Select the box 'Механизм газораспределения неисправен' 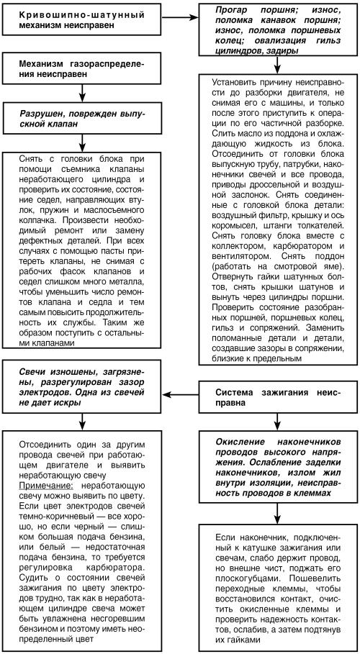pyautogui.click(x=84, y=70)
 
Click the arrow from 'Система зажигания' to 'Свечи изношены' pyautogui.click(x=181, y=394)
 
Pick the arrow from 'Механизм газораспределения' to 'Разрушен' pyautogui.click(x=84, y=94)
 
